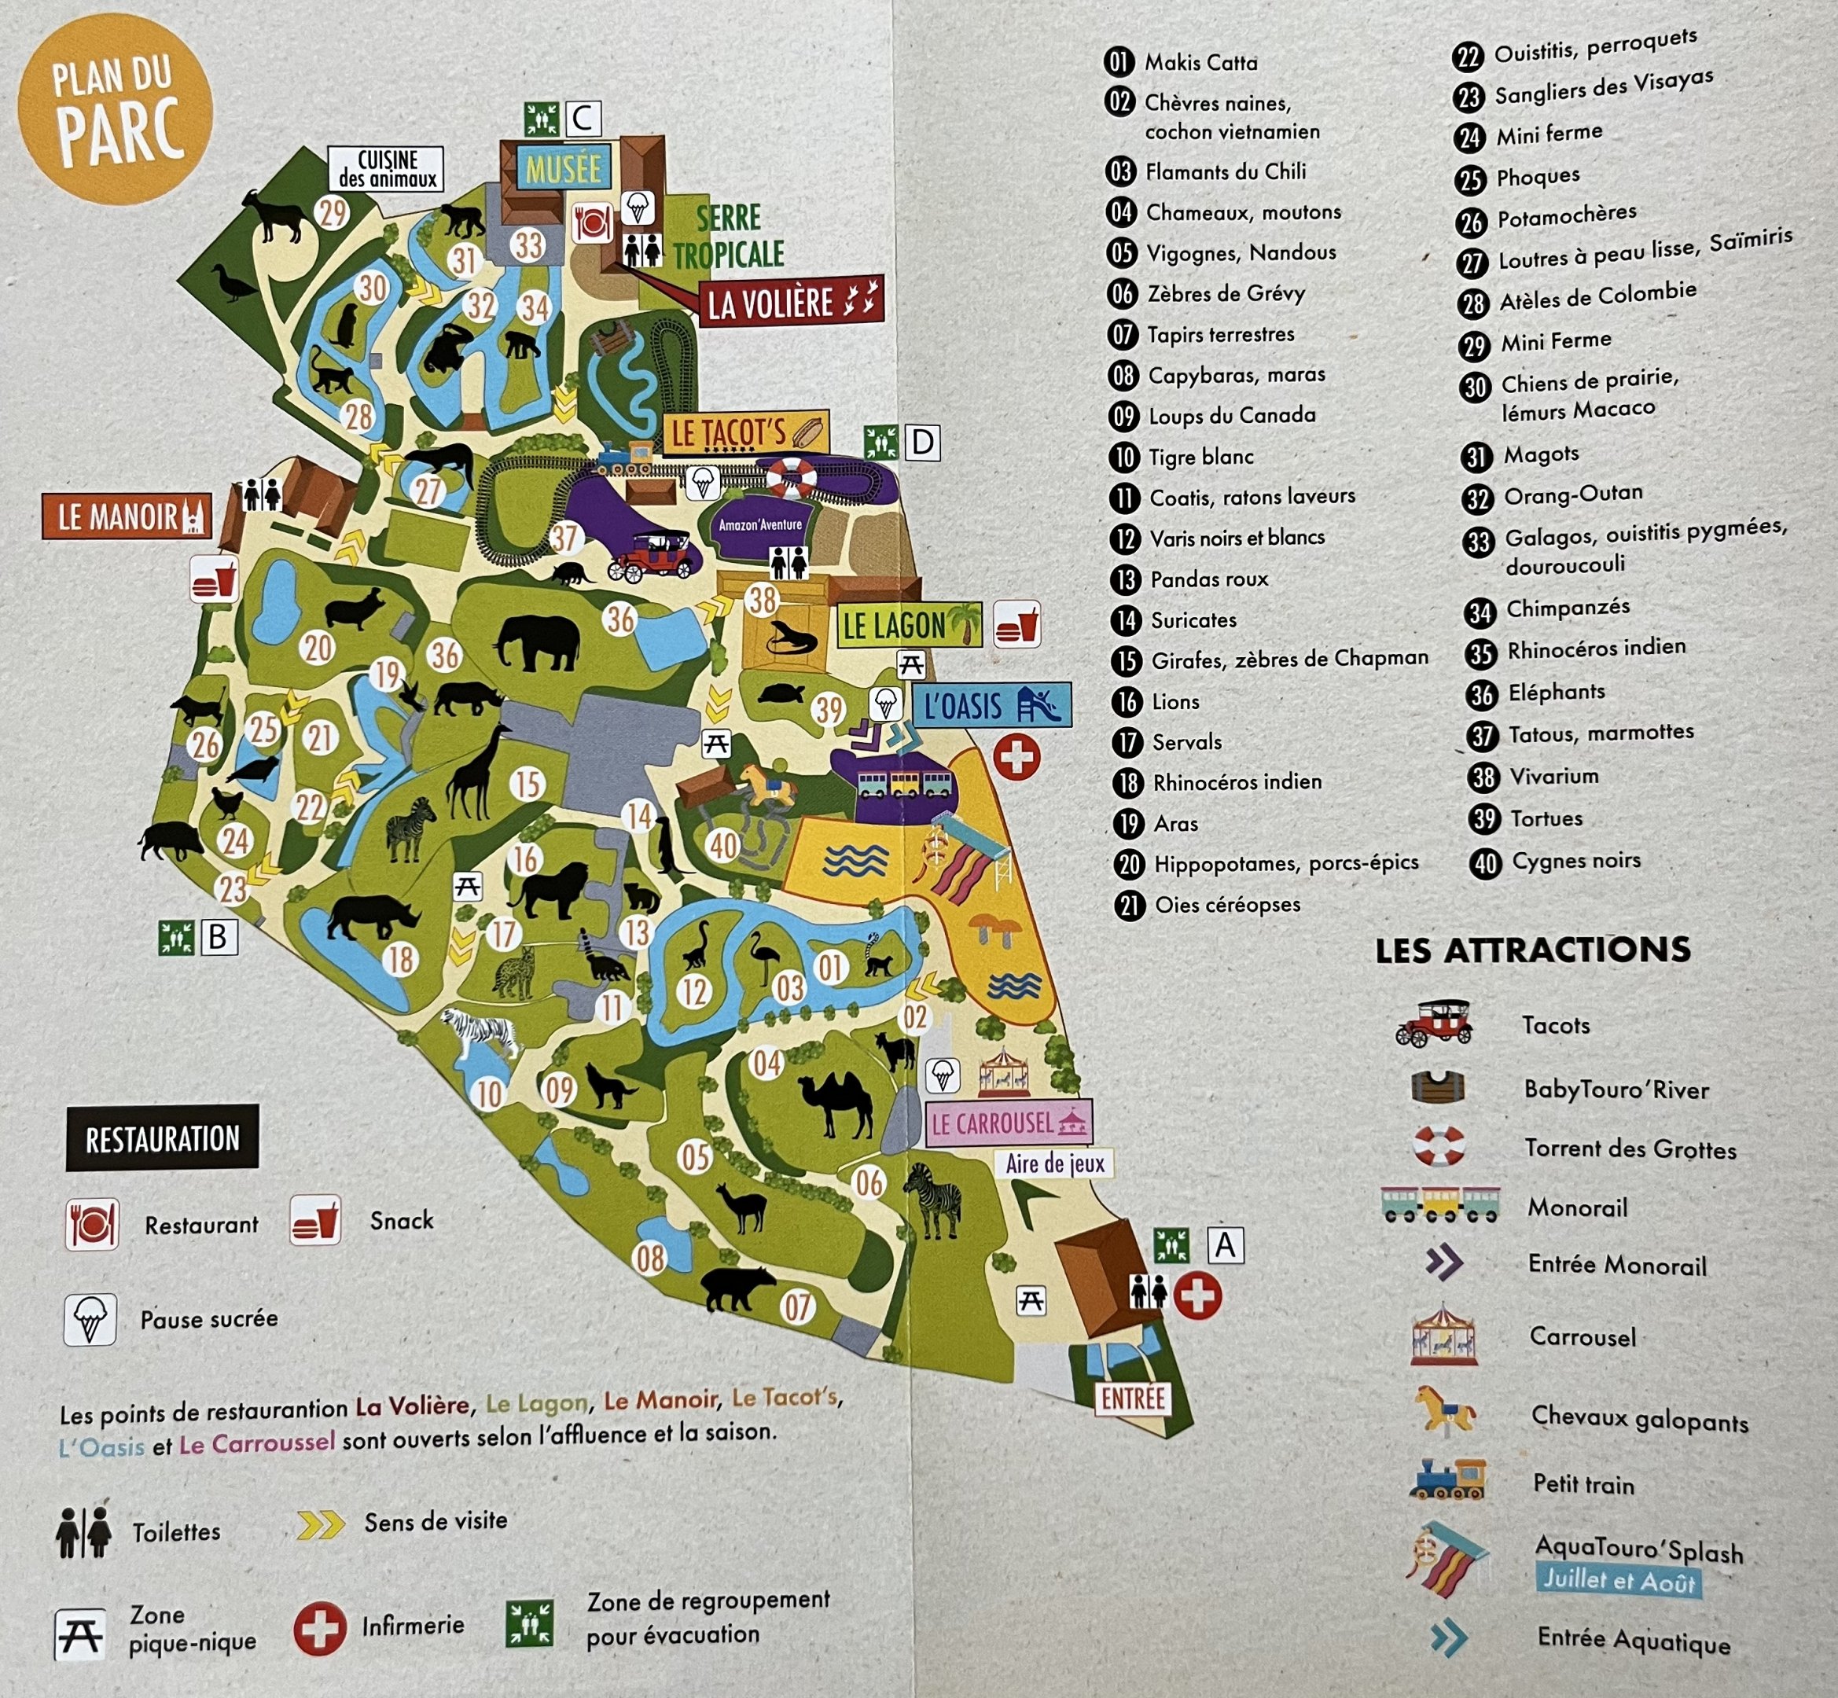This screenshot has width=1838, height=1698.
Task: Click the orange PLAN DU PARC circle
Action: [115, 108]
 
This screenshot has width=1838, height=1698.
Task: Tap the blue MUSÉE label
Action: [564, 169]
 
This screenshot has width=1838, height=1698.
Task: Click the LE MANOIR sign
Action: [126, 516]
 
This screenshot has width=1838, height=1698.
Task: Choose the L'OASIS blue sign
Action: [991, 706]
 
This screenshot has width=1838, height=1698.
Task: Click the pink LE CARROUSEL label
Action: [1008, 1123]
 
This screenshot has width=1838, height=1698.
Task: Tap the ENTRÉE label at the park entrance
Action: [1133, 1399]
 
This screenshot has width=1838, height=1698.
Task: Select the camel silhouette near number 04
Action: [837, 1105]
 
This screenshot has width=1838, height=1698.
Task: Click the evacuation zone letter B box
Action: [218, 937]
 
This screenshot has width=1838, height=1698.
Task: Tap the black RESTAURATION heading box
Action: [162, 1138]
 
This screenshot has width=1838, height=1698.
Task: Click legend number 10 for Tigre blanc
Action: [1124, 458]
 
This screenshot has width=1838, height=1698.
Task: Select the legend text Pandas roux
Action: [1208, 579]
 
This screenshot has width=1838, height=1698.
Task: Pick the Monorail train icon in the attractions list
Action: [1439, 1204]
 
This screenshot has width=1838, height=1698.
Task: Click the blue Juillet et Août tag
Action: [1617, 1580]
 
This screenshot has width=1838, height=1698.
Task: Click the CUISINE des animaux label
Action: [387, 169]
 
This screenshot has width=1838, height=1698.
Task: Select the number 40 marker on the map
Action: [723, 845]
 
